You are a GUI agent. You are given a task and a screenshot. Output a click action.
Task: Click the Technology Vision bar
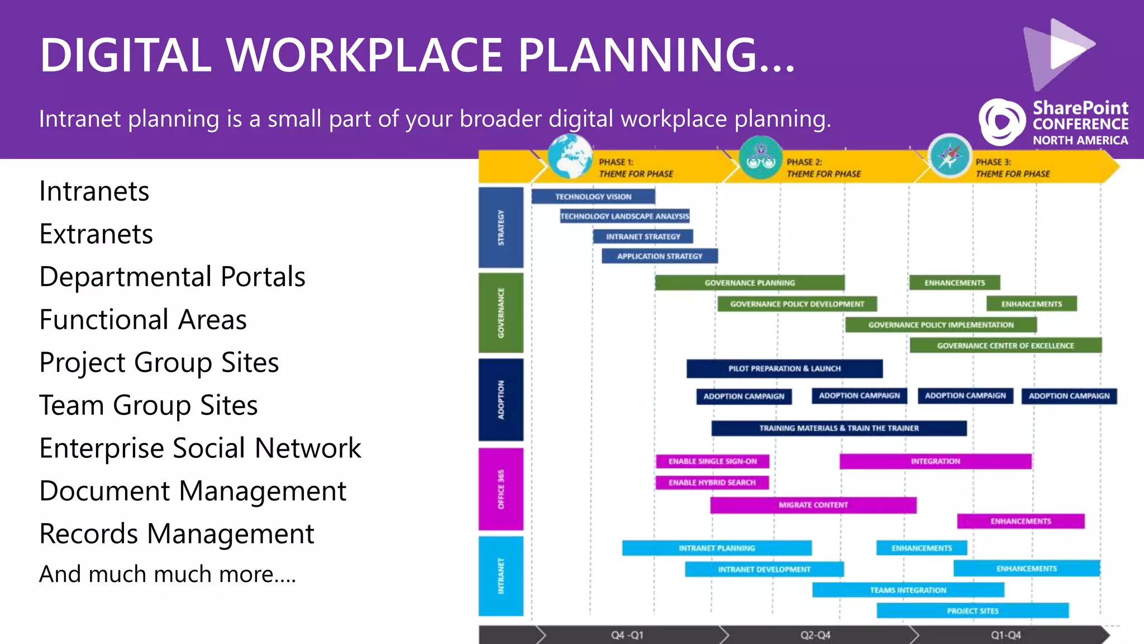pyautogui.click(x=593, y=197)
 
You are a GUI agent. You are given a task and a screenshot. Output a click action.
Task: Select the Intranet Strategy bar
pyautogui.click(x=643, y=236)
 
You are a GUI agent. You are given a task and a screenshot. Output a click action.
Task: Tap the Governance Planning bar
pyautogui.click(x=750, y=283)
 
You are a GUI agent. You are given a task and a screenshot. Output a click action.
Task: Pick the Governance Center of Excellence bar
pyautogui.click(x=1005, y=345)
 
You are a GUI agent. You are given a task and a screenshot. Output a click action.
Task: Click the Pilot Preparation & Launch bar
pyautogui.click(x=784, y=368)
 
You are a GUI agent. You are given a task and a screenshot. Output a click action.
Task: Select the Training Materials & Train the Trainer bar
pyautogui.click(x=838, y=428)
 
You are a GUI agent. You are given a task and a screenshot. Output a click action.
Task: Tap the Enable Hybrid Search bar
pyautogui.click(x=712, y=482)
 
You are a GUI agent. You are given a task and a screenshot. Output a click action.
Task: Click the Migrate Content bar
pyautogui.click(x=813, y=505)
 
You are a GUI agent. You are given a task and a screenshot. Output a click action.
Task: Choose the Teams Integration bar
pyautogui.click(x=908, y=590)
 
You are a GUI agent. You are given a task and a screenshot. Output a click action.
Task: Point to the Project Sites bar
pyautogui.click(x=973, y=610)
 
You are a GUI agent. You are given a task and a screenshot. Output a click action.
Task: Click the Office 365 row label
pyautogui.click(x=501, y=489)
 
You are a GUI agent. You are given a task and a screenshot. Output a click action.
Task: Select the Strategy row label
pyautogui.click(x=501, y=227)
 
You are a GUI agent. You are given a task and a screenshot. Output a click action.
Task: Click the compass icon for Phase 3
pyautogui.click(x=950, y=156)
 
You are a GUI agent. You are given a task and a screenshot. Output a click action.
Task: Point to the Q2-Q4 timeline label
pyautogui.click(x=815, y=635)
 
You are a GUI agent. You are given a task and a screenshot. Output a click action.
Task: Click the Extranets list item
pyautogui.click(x=96, y=234)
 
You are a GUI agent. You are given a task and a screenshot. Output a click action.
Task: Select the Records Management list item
pyautogui.click(x=177, y=533)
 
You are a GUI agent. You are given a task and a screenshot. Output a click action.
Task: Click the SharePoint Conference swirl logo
pyautogui.click(x=1002, y=122)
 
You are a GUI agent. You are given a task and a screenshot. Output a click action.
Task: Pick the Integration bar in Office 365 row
pyautogui.click(x=935, y=461)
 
